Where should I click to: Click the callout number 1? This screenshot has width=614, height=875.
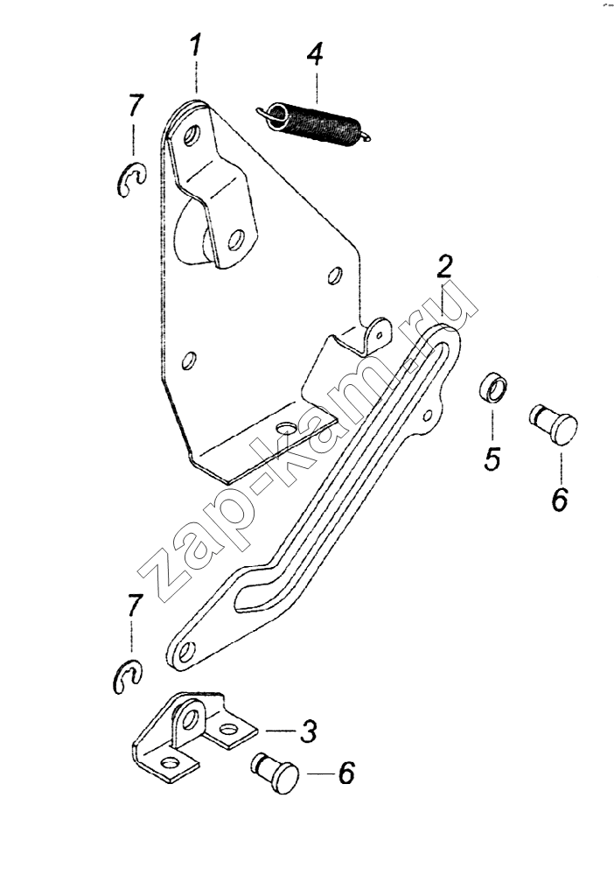195,45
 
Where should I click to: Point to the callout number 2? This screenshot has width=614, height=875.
444,266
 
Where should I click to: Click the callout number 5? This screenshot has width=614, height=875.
492,458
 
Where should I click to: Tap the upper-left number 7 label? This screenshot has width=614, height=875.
136,106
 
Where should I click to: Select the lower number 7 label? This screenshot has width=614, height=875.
133,605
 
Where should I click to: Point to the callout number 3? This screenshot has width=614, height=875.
309,731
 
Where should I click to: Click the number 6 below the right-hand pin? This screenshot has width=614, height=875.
560,500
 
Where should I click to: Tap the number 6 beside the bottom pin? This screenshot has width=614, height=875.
346,773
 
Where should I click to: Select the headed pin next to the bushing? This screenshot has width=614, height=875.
554,423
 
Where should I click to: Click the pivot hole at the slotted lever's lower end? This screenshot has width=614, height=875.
188,650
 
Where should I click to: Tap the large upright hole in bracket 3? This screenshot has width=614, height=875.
191,717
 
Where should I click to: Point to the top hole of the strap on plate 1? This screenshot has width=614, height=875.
192,135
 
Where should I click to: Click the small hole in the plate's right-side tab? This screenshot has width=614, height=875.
380,335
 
